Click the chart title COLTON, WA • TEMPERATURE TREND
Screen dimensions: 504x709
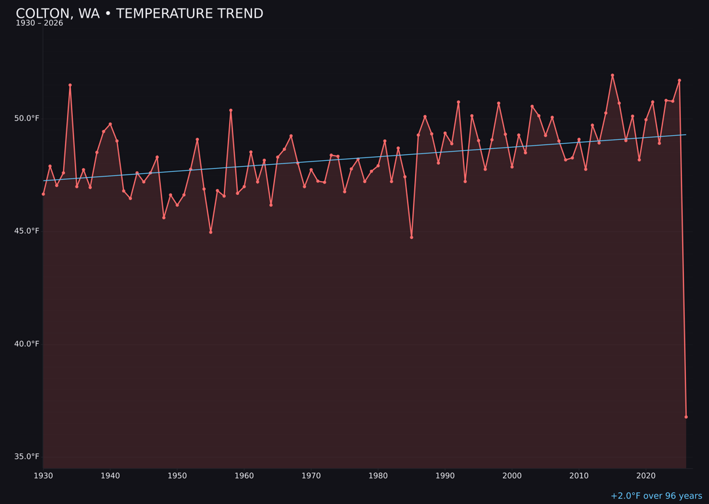[139, 14]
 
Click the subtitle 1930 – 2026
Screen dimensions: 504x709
[39, 24]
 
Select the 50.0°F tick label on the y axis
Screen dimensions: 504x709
[28, 118]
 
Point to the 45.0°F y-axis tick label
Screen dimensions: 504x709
[28, 231]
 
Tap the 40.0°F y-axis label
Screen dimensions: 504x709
[28, 344]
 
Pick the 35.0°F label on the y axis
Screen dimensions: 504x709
[28, 457]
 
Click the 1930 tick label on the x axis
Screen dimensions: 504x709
[43, 476]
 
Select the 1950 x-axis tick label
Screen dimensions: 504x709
[177, 476]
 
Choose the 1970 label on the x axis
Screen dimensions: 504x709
[311, 476]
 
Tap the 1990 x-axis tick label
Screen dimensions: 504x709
[445, 476]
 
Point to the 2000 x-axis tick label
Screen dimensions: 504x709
[512, 476]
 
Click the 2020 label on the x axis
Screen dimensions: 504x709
[646, 476]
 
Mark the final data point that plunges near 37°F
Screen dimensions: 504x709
[686, 417]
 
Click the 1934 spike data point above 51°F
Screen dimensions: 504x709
[70, 85]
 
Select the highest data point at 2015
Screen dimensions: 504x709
[612, 75]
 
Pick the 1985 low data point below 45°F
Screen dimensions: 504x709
[412, 237]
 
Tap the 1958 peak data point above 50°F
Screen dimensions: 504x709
[230, 110]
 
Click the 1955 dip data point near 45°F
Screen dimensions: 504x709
[211, 232]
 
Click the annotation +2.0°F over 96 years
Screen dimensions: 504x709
[656, 496]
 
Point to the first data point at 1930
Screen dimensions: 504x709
[43, 194]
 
